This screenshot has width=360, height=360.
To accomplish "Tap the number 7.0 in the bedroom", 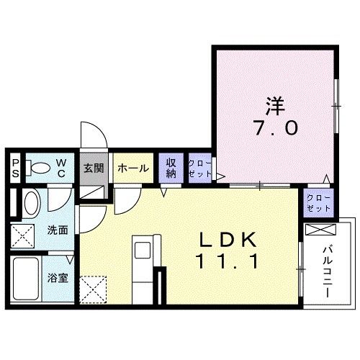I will click(x=274, y=128).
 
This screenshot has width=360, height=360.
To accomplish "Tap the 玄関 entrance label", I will click(x=93, y=168).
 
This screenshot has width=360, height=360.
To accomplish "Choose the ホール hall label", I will click(x=132, y=168).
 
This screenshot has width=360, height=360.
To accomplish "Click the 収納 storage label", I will click(x=171, y=168).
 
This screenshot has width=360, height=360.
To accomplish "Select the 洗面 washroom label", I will click(x=58, y=231).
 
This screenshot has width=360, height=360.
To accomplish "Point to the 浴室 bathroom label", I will click(x=58, y=278).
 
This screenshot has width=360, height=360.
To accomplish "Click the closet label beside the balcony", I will click(x=318, y=202).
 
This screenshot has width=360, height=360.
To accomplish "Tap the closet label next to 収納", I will click(x=199, y=168).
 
